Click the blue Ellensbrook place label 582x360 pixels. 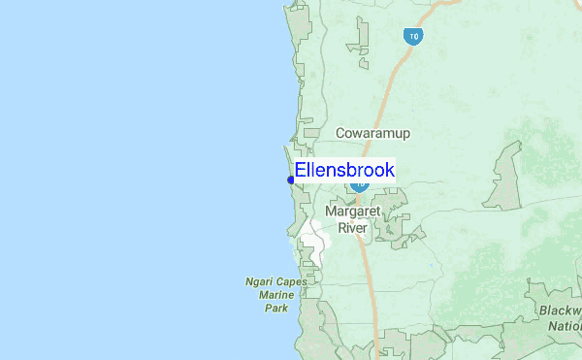[x=344, y=171]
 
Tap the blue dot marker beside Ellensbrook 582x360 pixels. [x=291, y=180]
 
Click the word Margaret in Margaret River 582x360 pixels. [x=352, y=211]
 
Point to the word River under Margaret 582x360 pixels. [x=352, y=228]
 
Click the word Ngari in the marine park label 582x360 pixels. [x=260, y=283]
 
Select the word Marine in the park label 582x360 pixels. [x=276, y=296]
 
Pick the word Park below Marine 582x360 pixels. [x=276, y=309]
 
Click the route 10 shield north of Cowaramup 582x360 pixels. [x=413, y=37]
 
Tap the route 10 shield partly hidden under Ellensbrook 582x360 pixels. [x=361, y=183]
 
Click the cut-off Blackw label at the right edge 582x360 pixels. [x=563, y=310]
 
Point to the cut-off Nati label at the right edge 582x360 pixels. [x=566, y=326]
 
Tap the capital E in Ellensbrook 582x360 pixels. [x=301, y=171]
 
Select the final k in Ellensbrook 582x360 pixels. [x=389, y=171]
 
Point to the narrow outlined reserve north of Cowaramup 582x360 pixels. [x=363, y=44]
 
